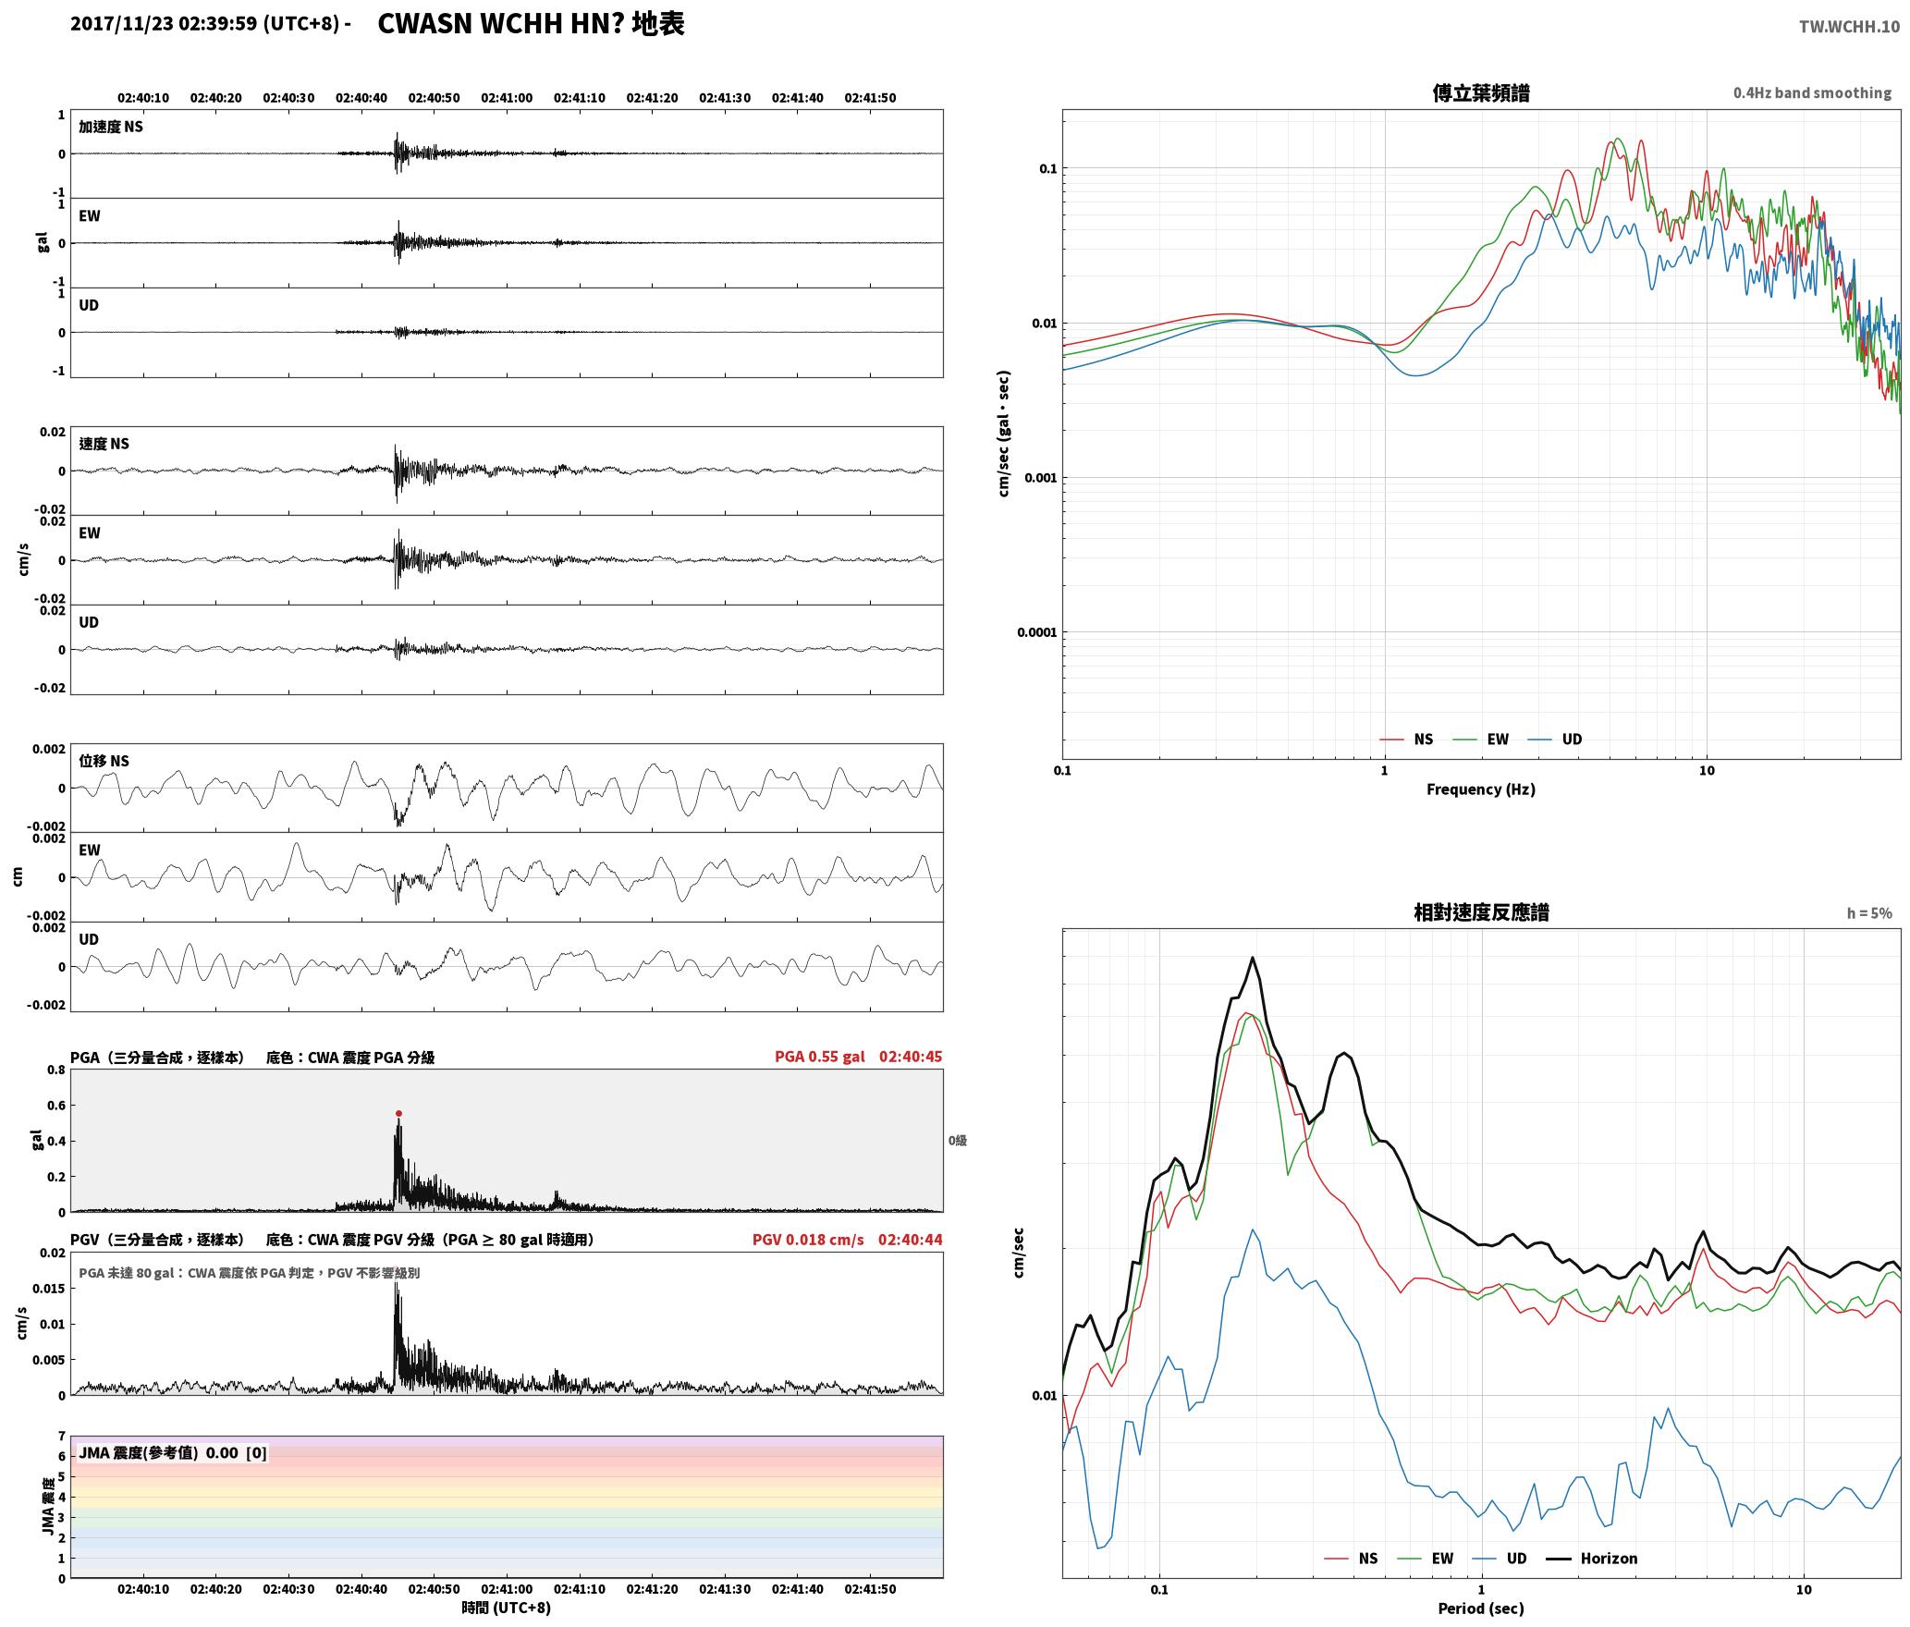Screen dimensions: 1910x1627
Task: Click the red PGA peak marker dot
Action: coord(398,1114)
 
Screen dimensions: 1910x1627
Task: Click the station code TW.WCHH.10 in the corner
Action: coord(1849,27)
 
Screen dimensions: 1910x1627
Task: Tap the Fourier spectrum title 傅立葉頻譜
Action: coord(1481,92)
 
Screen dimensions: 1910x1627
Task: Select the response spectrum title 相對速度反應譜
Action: coord(1481,912)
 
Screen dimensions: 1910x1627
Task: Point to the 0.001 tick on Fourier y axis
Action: coord(1039,478)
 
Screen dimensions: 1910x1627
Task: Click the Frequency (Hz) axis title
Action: coord(1481,789)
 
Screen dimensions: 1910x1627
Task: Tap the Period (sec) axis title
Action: coord(1481,1609)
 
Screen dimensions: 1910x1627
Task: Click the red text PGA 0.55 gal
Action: coord(820,1057)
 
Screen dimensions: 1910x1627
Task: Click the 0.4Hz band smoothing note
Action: coord(1812,93)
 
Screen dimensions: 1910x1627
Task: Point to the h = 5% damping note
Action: coord(1869,913)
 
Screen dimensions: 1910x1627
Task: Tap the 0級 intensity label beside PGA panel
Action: coord(958,1141)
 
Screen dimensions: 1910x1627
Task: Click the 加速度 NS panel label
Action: coord(111,127)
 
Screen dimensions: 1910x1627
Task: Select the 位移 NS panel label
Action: coord(104,761)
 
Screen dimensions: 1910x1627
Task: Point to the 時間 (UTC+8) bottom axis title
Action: coord(507,1608)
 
